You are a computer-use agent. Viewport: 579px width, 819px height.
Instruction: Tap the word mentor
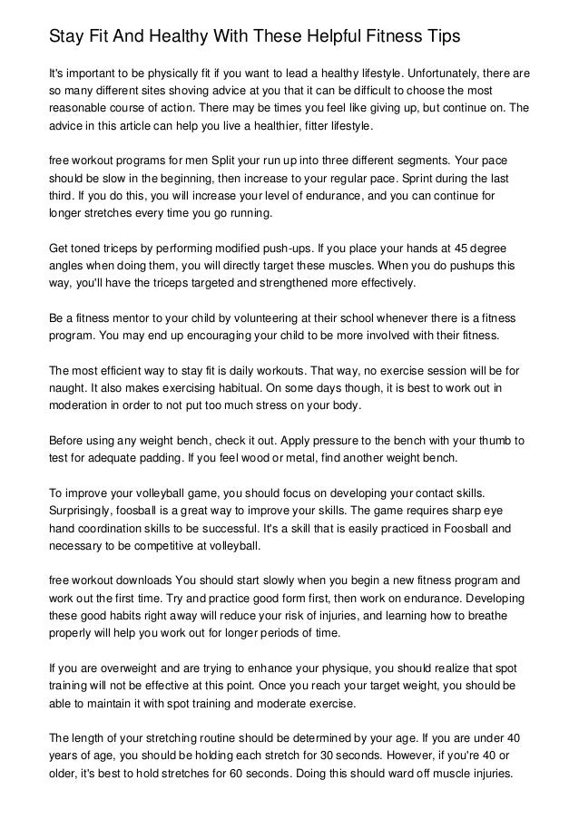click(125, 320)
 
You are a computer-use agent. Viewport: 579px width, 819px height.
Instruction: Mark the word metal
click(305, 460)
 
